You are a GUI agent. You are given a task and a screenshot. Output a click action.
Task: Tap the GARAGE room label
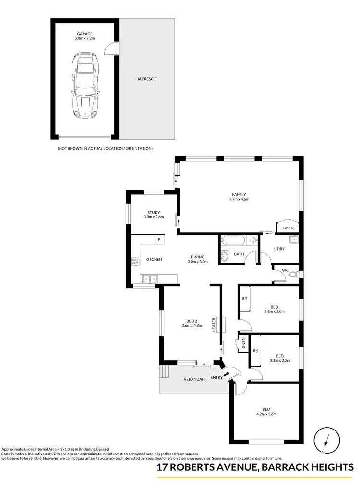[x=84, y=34]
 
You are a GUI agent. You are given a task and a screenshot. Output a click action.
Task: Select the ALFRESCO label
[x=147, y=79]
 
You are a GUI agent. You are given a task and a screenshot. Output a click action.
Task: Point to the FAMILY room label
[x=239, y=194]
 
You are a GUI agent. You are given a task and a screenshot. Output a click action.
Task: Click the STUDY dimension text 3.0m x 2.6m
[x=154, y=217]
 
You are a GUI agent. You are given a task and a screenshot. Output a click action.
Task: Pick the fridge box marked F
[x=159, y=239]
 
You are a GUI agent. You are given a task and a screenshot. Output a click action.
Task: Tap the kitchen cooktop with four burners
[x=135, y=262]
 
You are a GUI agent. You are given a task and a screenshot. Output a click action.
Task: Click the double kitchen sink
[x=149, y=278]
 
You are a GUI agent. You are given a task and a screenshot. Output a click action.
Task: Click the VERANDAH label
[x=195, y=379]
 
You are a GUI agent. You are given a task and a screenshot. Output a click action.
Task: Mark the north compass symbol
[x=325, y=441]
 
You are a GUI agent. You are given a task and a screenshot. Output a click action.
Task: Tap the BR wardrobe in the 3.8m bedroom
[x=244, y=299]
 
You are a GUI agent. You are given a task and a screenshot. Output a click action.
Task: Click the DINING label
[x=197, y=257]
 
